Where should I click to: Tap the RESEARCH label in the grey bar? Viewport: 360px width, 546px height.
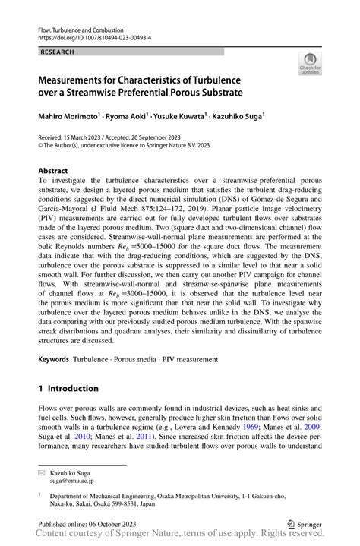tap(58, 52)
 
